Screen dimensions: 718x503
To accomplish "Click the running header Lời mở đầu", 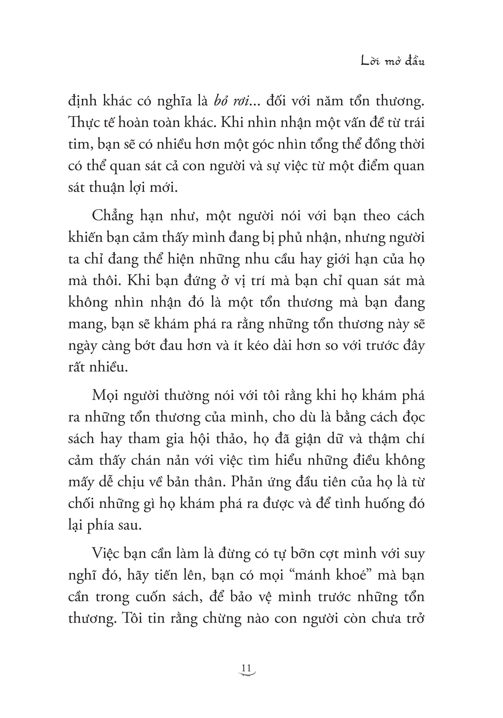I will (x=393, y=61).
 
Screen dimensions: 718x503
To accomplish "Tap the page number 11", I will (x=246, y=668).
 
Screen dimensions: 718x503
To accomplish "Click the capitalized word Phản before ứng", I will (x=247, y=482).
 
